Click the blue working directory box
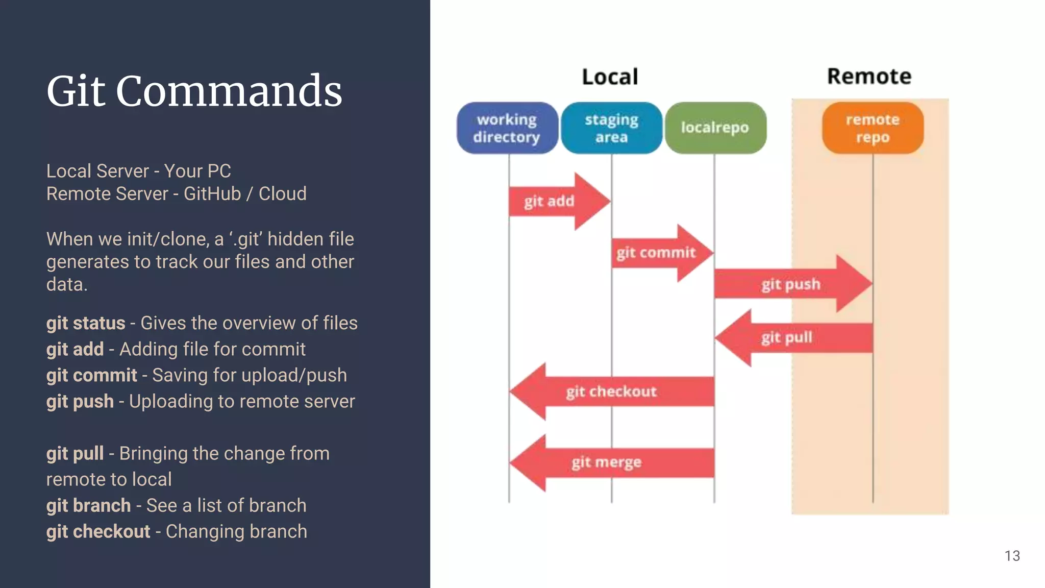pos(507,128)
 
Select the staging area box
pos(611,128)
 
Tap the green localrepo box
pos(715,128)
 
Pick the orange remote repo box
pos(873,128)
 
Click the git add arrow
pos(556,201)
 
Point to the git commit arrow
pos(658,253)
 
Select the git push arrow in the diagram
pos(791,284)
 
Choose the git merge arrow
pos(607,462)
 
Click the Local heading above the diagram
pos(610,77)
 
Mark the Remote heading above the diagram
pos(869,77)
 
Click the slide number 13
pos(1012,556)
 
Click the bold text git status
pos(85,323)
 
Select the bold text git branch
pos(88,505)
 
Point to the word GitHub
pos(212,194)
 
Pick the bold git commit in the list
pos(91,375)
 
